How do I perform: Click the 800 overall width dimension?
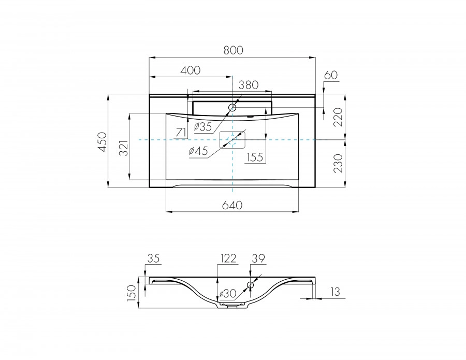[233, 50]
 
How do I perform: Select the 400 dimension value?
[191, 70]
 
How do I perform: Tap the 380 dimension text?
[248, 84]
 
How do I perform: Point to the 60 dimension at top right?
[330, 75]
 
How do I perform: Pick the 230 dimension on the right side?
[338, 163]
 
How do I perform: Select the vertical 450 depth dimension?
[102, 142]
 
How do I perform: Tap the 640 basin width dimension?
[232, 205]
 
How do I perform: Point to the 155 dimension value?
[255, 157]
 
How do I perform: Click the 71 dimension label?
[181, 133]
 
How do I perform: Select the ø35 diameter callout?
[203, 126]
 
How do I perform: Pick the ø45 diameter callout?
[198, 151]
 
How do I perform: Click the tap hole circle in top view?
[232, 108]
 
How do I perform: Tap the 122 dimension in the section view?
[228, 257]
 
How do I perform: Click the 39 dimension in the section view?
[258, 257]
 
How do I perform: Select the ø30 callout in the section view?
[228, 294]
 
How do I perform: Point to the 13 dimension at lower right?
[335, 293]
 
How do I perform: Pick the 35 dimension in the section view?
[154, 257]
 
